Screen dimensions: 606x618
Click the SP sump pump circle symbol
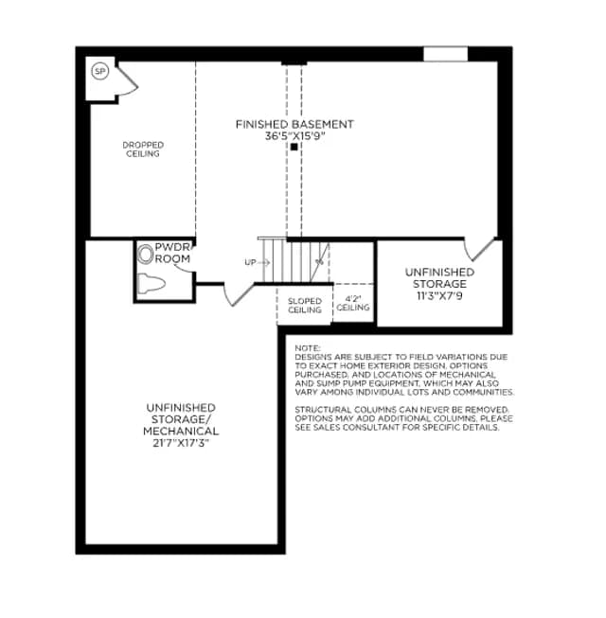[x=99, y=71]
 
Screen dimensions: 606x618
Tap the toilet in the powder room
[x=151, y=283]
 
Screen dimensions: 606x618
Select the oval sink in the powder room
[x=145, y=254]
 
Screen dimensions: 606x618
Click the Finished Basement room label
[x=294, y=124]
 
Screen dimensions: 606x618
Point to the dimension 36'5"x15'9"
[x=294, y=136]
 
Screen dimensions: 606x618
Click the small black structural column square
[x=294, y=147]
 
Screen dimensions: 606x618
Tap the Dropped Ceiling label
[x=143, y=150]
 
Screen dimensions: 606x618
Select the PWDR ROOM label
[x=172, y=253]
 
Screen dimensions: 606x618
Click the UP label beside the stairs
[x=250, y=262]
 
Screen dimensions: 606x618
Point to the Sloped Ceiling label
[x=305, y=306]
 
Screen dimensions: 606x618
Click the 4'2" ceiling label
[x=353, y=303]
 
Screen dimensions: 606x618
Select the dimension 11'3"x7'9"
[x=439, y=295]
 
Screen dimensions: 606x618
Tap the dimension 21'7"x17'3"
[x=181, y=443]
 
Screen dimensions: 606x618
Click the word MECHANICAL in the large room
[x=181, y=432]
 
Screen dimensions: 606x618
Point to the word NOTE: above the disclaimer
[x=308, y=348]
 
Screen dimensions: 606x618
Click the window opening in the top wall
[x=446, y=54]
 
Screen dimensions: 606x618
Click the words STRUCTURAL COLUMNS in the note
[x=343, y=410]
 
